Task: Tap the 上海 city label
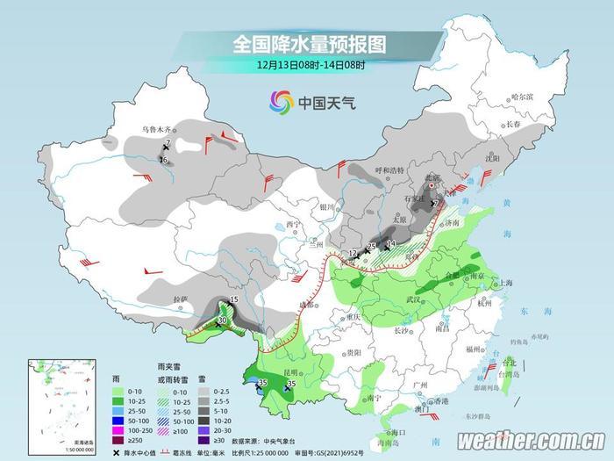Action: coord(504,283)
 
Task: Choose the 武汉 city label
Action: coord(414,299)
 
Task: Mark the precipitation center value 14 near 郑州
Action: coord(391,243)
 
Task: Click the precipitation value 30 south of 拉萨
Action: coord(222,321)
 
